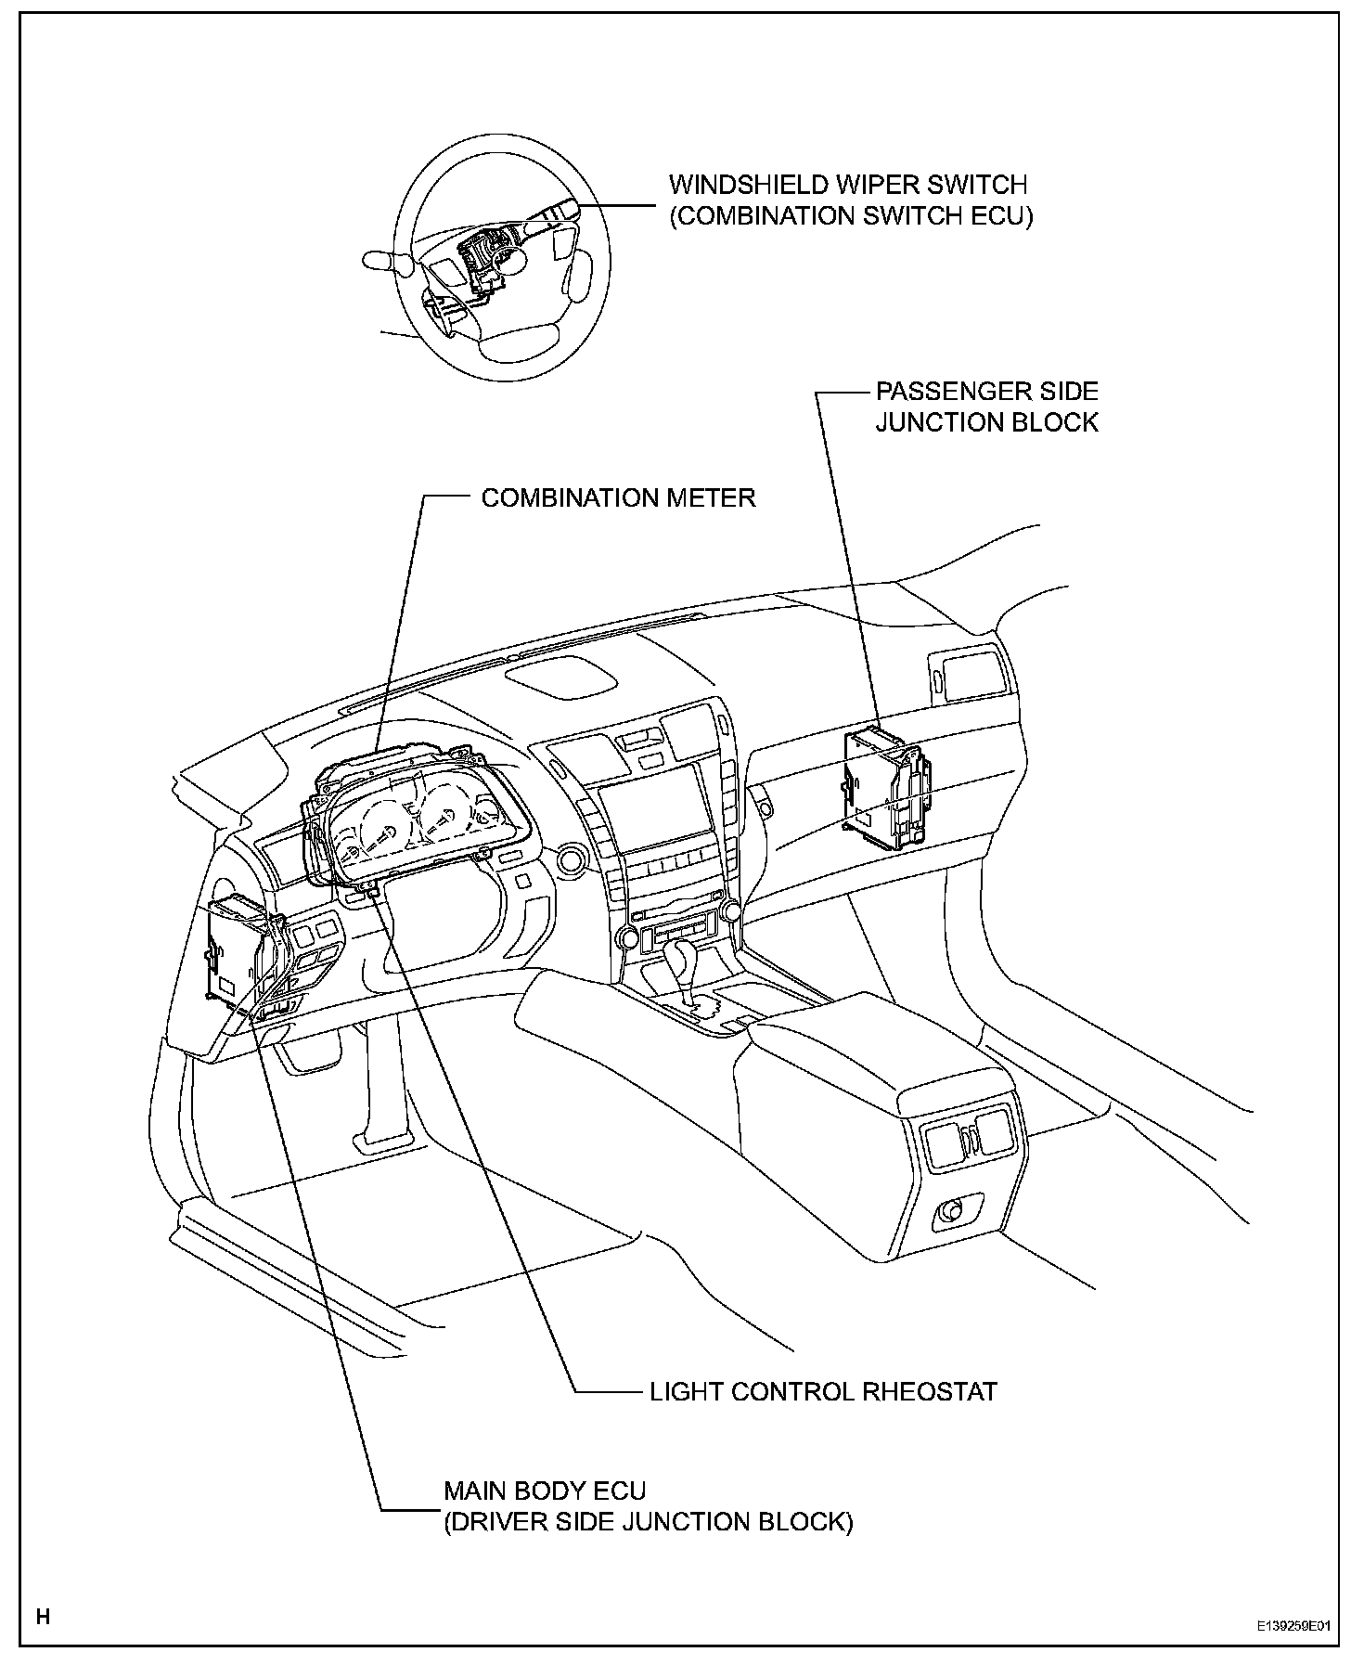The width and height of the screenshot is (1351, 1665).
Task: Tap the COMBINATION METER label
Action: [x=618, y=498]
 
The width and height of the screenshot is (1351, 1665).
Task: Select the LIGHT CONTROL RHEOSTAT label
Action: [x=822, y=1391]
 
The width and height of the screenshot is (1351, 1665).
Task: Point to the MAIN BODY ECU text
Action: [x=544, y=1491]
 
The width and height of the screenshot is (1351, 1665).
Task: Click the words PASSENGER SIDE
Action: [x=986, y=391]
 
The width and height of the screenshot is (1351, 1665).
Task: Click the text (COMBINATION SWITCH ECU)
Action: [x=851, y=215]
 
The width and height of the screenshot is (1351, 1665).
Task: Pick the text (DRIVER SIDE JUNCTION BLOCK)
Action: [x=648, y=1522]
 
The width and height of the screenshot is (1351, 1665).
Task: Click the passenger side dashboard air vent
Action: [x=968, y=674]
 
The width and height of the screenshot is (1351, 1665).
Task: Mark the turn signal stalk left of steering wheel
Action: [x=385, y=262]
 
